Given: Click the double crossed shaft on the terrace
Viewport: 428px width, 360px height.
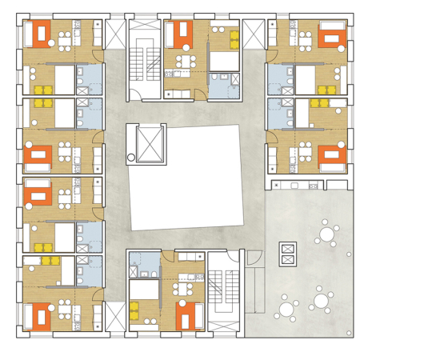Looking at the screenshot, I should [x=286, y=254].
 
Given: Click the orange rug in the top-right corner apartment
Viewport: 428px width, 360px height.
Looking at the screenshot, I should [x=331, y=35].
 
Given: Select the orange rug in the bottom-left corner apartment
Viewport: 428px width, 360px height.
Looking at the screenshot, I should [x=37, y=317].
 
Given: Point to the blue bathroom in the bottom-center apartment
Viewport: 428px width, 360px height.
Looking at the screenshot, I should [x=146, y=266].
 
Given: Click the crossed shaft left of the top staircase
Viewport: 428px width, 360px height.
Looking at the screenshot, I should [x=115, y=36].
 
